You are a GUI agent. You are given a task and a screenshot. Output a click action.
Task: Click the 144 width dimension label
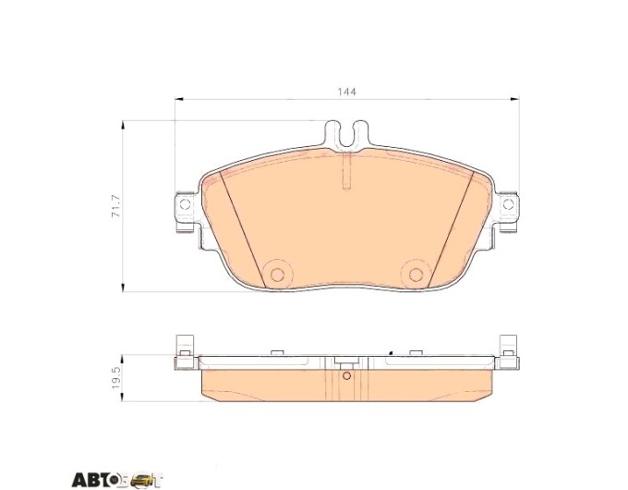(346, 92)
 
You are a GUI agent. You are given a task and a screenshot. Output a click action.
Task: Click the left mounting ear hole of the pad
(185, 204)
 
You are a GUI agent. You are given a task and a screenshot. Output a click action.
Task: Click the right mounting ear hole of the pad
(508, 204)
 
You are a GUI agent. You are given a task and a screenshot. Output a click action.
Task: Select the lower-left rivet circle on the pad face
(277, 275)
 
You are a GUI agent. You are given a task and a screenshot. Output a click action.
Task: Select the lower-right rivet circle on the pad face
(416, 275)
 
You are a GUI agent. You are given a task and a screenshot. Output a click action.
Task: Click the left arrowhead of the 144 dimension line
(178, 99)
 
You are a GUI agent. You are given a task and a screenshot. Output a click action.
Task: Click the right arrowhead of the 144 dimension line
(515, 99)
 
